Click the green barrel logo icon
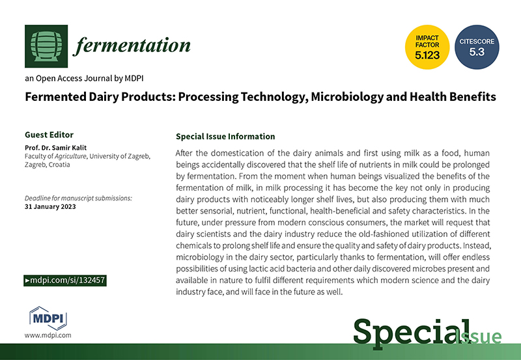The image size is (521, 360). (46, 46)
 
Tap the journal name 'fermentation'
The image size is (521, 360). (132, 45)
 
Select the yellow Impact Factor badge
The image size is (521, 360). (427, 47)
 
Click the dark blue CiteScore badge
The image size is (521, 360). (477, 47)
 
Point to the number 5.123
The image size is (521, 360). (427, 55)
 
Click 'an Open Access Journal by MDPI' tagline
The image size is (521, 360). (84, 78)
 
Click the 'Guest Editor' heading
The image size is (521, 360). (49, 135)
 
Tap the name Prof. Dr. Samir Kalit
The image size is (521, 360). (55, 148)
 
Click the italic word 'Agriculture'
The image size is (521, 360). (70, 156)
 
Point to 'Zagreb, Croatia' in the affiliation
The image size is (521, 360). (47, 165)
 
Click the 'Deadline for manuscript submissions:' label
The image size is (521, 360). (78, 199)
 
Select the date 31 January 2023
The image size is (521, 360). (50, 206)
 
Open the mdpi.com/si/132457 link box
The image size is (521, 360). (65, 281)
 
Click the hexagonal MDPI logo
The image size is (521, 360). (48, 318)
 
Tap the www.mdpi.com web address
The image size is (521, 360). (48, 335)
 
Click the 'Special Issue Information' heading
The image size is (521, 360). (225, 137)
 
